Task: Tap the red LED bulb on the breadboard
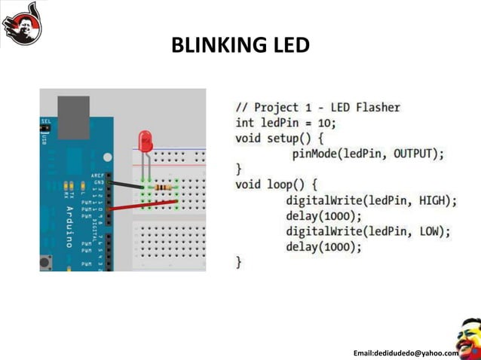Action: click(x=145, y=141)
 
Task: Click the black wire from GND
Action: click(x=124, y=184)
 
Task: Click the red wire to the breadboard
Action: click(x=143, y=205)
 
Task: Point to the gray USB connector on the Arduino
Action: click(x=73, y=117)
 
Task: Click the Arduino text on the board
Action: click(x=69, y=226)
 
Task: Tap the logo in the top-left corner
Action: click(x=22, y=23)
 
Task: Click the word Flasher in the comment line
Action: click(x=376, y=107)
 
